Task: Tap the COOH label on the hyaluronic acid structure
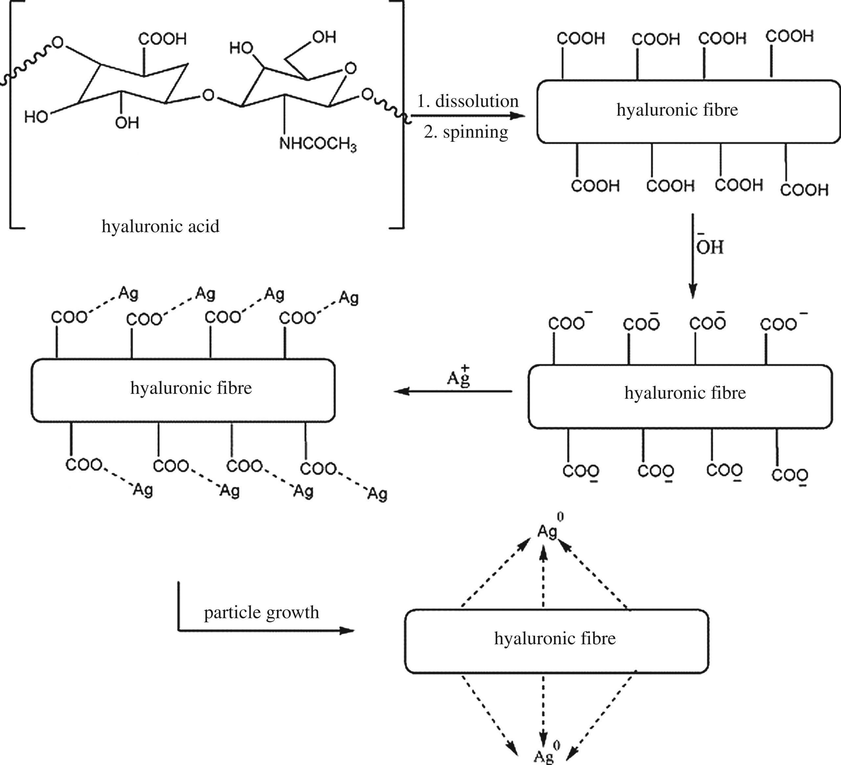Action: (162, 39)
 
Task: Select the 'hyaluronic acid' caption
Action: (161, 226)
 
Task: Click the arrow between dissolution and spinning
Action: (467, 116)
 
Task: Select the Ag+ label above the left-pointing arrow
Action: (459, 377)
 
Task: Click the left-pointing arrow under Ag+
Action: (453, 391)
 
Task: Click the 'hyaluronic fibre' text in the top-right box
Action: (677, 110)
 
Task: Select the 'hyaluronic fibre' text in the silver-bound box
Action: (191, 388)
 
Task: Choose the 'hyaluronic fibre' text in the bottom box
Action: (555, 639)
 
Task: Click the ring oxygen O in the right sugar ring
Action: (351, 68)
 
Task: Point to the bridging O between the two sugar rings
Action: (208, 96)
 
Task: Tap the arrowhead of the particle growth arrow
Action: (347, 630)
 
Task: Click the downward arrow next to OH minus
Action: (693, 256)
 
